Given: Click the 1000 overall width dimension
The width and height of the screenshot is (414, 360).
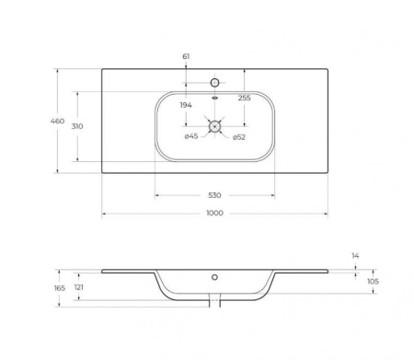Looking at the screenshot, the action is pos(214,213).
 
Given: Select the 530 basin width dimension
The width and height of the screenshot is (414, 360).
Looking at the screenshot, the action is pos(214,195).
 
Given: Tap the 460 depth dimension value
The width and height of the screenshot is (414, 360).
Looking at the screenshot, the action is pos(57,122).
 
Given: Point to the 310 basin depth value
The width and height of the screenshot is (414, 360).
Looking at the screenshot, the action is pos(77,126).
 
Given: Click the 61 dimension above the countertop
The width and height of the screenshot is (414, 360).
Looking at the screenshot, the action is pos(186,56).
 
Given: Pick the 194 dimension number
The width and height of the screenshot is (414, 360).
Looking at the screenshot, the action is pos(186,105).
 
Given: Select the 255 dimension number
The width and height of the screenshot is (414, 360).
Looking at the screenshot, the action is pos(245,98).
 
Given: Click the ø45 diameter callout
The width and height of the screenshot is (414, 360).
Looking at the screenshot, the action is pos(191,136).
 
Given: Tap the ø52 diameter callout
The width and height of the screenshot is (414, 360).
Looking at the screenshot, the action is pos(239,137).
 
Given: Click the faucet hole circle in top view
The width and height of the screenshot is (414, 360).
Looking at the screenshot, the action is pos(214,83).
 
